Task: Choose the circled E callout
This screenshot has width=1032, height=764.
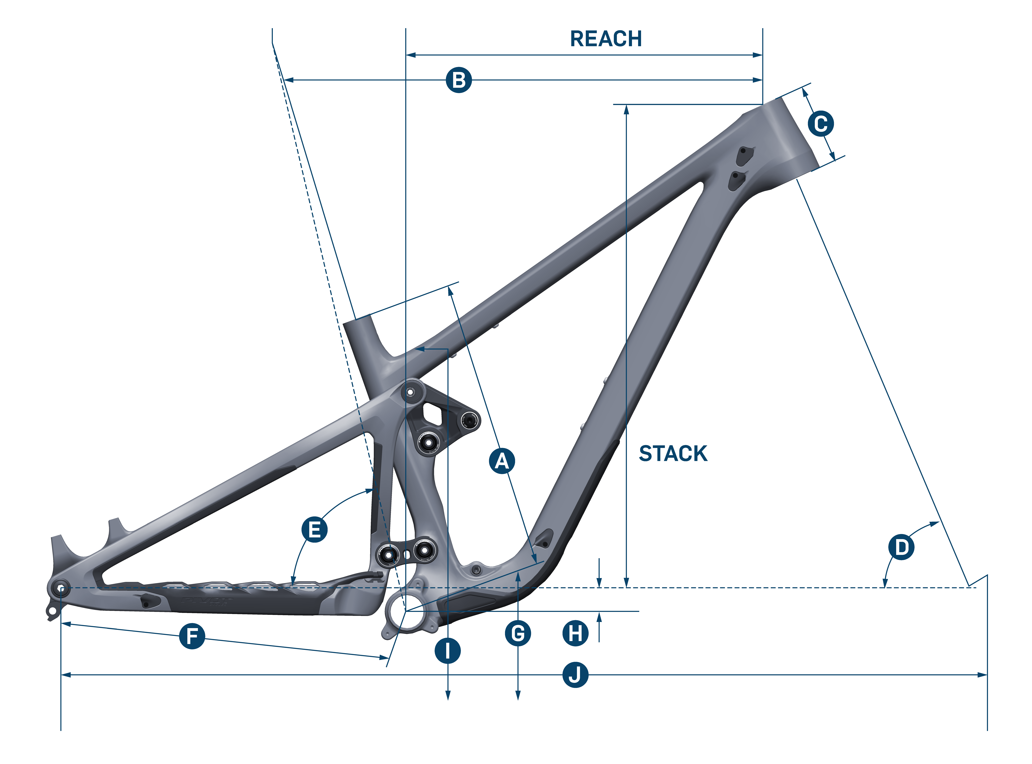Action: pos(314,530)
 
